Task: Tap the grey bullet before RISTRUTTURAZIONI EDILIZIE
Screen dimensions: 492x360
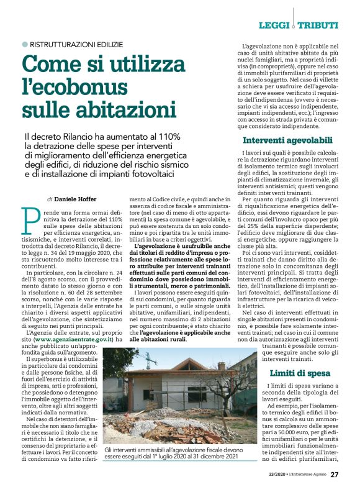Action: (24, 45)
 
